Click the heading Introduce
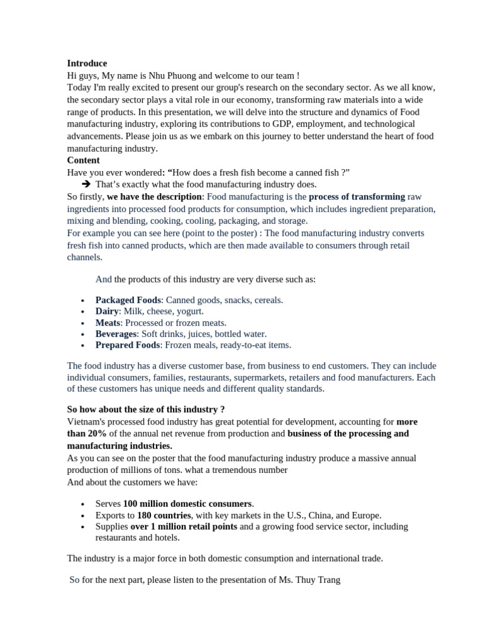(x=87, y=64)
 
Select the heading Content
(x=83, y=160)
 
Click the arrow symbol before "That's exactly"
(x=86, y=185)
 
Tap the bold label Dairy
(x=107, y=311)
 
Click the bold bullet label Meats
(x=108, y=323)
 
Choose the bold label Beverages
(x=116, y=334)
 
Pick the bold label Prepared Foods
(x=128, y=345)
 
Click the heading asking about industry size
(x=146, y=410)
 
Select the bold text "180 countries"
(x=164, y=515)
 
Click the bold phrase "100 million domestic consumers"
(x=187, y=504)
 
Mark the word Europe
(x=365, y=515)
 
